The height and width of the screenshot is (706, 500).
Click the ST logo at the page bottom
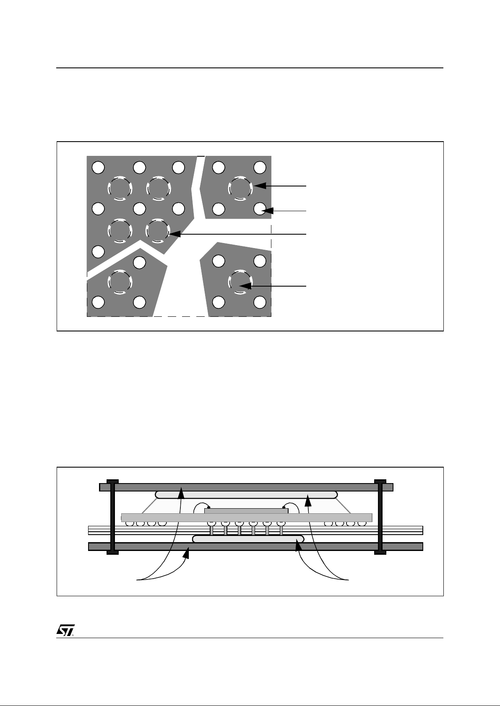tap(65, 631)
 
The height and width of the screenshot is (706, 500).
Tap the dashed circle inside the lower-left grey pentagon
tap(120, 281)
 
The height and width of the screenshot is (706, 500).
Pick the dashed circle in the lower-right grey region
tap(240, 282)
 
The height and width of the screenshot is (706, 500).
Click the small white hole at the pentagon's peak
tap(139, 262)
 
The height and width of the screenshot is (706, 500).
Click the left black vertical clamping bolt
tap(112, 517)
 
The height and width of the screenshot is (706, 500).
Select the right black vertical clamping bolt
tap(380, 517)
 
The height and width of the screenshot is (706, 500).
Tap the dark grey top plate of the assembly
tap(246, 487)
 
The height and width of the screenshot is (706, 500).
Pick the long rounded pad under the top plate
tap(246, 495)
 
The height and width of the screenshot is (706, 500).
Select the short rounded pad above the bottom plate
tap(247, 539)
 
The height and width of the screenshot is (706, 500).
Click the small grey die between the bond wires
tap(246, 511)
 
